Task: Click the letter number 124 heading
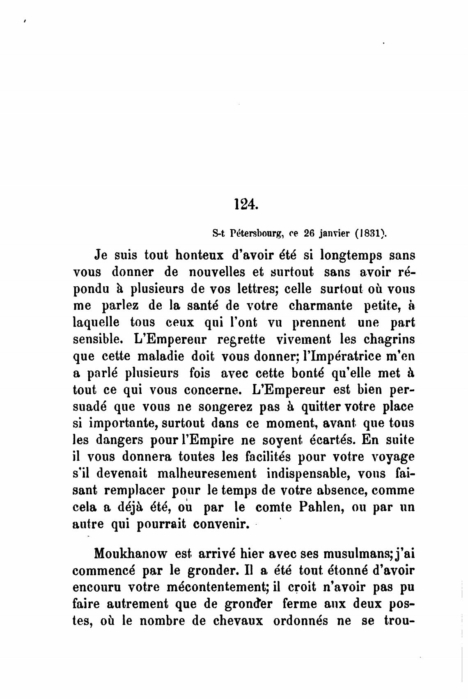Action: point(246,204)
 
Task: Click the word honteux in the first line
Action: point(199,255)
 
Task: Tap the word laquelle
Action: point(96,323)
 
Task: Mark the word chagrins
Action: point(388,340)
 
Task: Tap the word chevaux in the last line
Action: point(238,621)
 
